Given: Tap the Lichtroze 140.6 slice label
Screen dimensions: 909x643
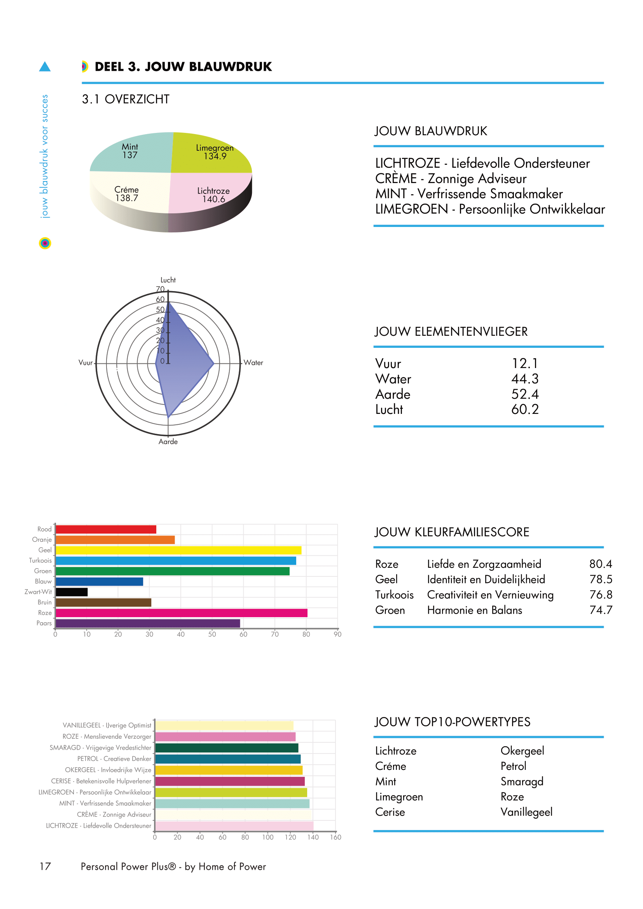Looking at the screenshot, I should tap(213, 195).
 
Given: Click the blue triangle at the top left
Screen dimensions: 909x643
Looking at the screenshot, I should tap(45, 67).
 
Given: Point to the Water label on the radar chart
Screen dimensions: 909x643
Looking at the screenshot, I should tap(253, 363).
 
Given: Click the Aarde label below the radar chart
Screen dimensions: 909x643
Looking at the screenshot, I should tap(168, 441).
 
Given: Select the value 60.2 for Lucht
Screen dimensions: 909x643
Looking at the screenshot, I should tap(524, 409).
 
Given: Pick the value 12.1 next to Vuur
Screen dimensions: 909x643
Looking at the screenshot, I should tap(524, 363).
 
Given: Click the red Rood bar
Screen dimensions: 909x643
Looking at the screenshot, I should tap(106, 529).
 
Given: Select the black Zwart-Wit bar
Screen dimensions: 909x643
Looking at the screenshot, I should tap(72, 592).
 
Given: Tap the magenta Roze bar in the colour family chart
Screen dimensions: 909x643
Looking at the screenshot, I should tap(181, 613).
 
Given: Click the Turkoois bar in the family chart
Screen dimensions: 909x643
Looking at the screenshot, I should tap(176, 561).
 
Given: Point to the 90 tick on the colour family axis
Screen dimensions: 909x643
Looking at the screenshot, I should tap(337, 634).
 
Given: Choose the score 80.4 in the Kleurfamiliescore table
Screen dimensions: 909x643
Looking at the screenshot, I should tap(600, 564).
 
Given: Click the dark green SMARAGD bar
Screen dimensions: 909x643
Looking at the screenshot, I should tap(227, 748).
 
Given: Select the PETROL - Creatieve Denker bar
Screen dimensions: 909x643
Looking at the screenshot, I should tap(228, 759).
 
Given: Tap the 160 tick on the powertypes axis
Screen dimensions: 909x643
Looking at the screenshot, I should tap(335, 837).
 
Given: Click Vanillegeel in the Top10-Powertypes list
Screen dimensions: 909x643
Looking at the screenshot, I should tap(526, 812).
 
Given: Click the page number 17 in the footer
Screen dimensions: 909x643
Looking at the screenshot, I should tap(45, 867).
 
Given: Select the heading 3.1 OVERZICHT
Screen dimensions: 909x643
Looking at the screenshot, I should tap(126, 99).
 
